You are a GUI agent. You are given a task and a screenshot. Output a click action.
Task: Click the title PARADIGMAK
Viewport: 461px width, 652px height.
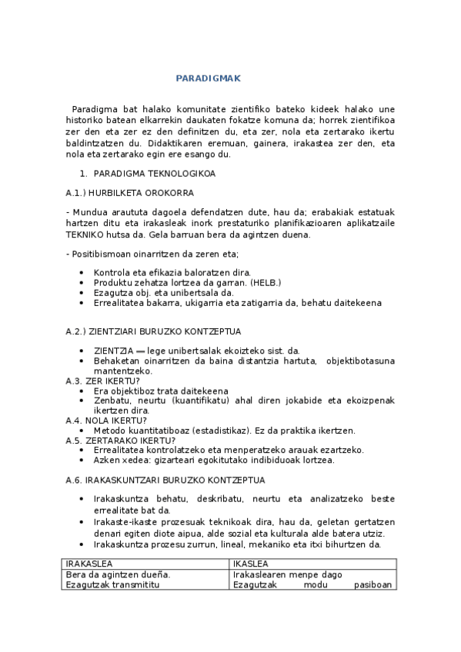click(x=209, y=78)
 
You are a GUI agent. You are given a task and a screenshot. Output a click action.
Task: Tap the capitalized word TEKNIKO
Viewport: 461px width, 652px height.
click(x=86, y=235)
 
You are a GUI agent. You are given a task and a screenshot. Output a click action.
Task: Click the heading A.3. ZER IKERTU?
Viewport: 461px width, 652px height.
click(x=102, y=381)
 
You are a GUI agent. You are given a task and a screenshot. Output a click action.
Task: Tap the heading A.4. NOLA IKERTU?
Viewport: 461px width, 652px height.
click(x=105, y=420)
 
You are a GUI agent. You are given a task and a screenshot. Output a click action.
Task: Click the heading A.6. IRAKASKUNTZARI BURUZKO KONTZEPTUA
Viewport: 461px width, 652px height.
click(x=165, y=481)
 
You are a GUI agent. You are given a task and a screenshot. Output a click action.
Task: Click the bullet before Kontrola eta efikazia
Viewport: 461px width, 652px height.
click(x=82, y=273)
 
